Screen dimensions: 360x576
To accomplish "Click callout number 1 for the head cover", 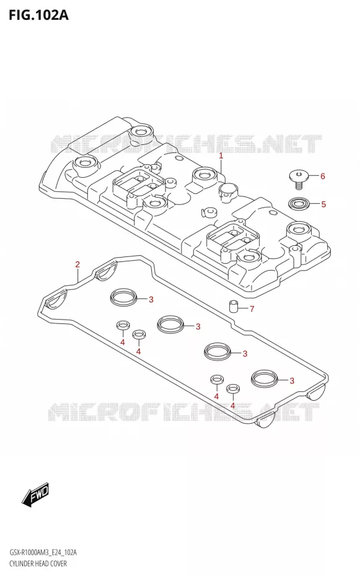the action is click(x=221, y=156).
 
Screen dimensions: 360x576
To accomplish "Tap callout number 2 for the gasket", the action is click(x=77, y=264).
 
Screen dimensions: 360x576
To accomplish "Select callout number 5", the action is click(x=323, y=204).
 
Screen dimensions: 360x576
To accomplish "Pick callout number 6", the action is click(x=323, y=177).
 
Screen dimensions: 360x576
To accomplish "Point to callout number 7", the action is click(x=252, y=309).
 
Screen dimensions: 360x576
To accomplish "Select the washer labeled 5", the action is click(x=298, y=204).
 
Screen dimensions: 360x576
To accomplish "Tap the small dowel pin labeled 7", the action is click(x=233, y=305).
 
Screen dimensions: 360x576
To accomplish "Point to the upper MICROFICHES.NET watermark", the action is click(x=186, y=144).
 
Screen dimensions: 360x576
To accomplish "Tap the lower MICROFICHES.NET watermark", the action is click(x=183, y=411).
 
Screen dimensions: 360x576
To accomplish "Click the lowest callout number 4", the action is click(x=232, y=405).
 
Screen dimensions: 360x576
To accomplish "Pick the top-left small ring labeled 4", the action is click(x=123, y=325).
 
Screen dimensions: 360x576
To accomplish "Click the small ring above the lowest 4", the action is click(x=232, y=388).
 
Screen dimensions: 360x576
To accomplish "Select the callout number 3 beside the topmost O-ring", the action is click(x=151, y=300).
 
